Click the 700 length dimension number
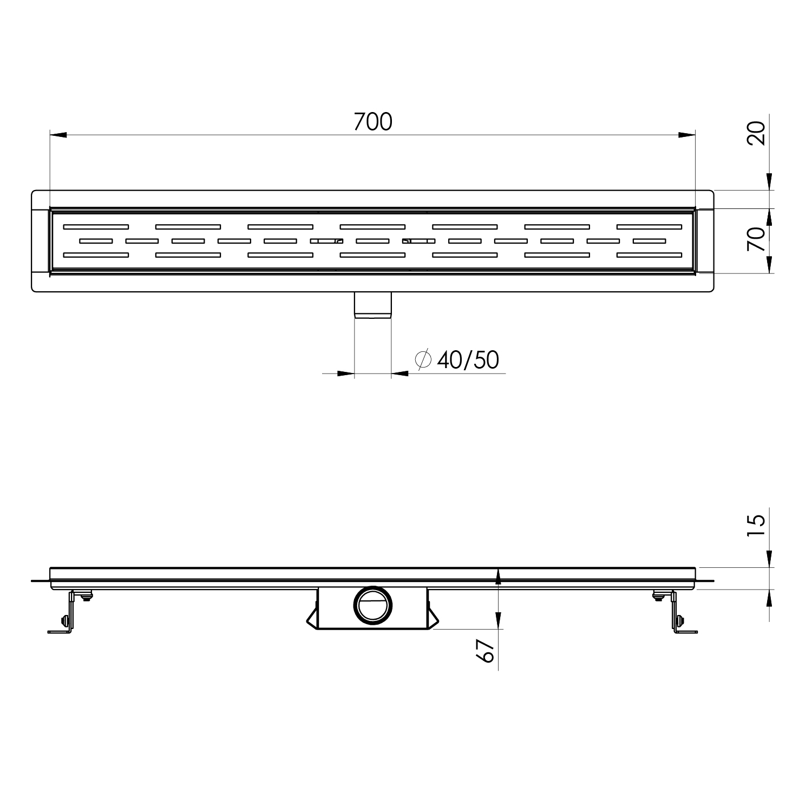(373, 122)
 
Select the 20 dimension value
(757, 133)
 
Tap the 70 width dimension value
(757, 239)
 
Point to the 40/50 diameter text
(468, 360)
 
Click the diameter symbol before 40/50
(423, 359)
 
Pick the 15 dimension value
(757, 526)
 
